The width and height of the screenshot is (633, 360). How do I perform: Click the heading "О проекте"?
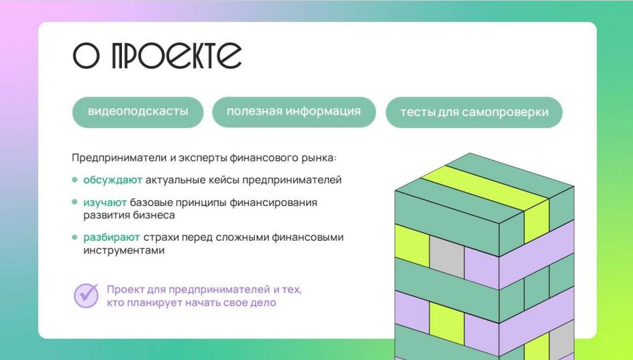click(x=157, y=55)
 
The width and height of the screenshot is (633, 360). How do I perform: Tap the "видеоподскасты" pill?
click(x=138, y=112)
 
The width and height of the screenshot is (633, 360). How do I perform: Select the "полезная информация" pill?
click(x=294, y=112)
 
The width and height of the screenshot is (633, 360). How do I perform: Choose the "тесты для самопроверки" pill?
click(x=474, y=112)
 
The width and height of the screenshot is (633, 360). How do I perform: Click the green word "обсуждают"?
click(x=112, y=180)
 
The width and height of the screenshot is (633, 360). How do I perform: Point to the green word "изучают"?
click(x=105, y=202)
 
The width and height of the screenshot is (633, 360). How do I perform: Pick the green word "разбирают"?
click(x=112, y=237)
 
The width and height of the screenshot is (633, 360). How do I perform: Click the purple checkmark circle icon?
click(x=86, y=296)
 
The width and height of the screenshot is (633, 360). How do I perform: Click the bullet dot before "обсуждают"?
click(x=74, y=180)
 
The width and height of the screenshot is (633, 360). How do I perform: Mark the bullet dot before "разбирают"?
click(x=74, y=237)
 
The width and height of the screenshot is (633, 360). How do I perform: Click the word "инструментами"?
click(x=124, y=250)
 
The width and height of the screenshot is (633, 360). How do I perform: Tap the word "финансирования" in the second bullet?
click(x=273, y=202)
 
